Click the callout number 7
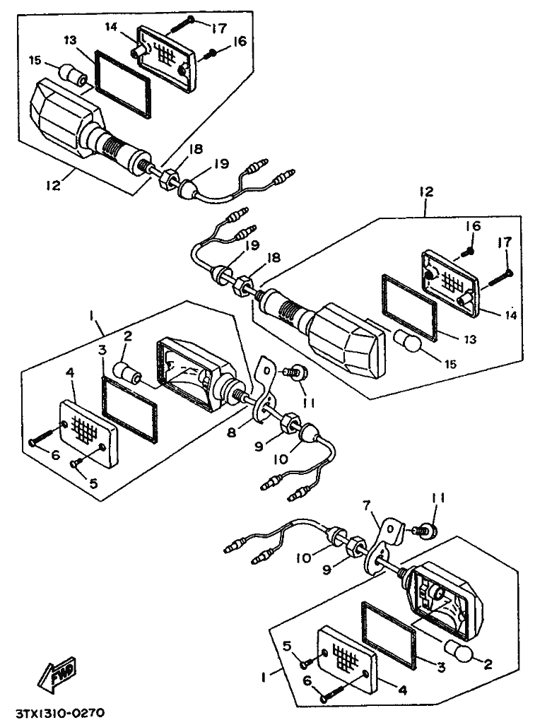point(365,506)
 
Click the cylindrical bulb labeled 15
point(73,73)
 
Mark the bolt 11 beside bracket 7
point(428,529)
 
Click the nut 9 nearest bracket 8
point(289,424)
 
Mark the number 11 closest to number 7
point(439,499)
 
